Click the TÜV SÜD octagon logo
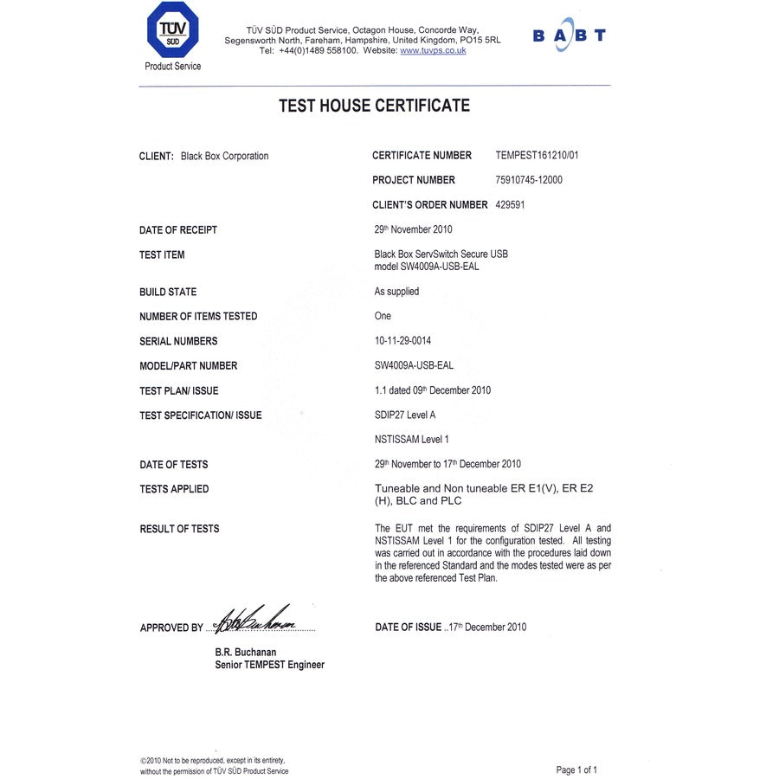tap(172, 31)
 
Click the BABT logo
tap(569, 35)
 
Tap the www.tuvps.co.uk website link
tap(433, 51)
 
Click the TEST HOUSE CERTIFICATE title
tap(374, 106)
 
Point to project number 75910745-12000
tap(529, 180)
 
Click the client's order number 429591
tap(510, 205)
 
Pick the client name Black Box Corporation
tap(224, 157)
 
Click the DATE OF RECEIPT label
tap(178, 230)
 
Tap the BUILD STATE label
tap(168, 292)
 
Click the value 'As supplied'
tap(396, 292)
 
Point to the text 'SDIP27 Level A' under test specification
tap(405, 415)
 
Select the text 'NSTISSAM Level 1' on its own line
tap(411, 440)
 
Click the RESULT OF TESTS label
tap(179, 529)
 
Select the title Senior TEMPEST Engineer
tap(269, 665)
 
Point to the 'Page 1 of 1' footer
tap(576, 769)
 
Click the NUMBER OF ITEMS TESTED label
tap(198, 316)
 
